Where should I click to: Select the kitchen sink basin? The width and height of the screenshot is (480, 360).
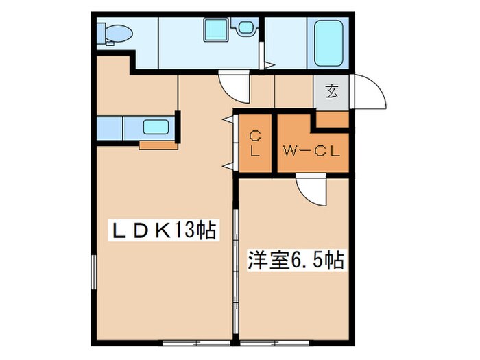(156, 127)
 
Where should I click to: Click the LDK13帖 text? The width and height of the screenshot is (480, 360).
(164, 231)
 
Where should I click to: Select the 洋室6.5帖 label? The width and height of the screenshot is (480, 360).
(295, 261)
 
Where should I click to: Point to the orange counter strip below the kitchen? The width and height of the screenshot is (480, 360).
(159, 145)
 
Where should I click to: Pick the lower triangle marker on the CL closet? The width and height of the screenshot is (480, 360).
(227, 165)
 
